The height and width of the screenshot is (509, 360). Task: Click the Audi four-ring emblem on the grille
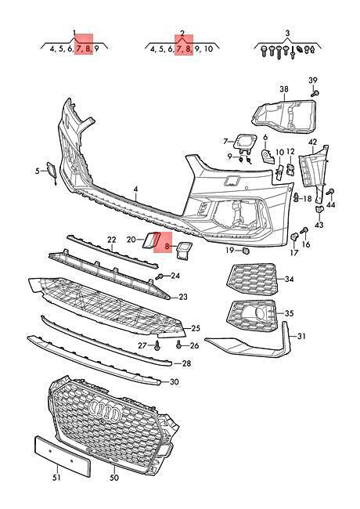(x=105, y=410)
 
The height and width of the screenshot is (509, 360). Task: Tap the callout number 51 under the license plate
(x=57, y=477)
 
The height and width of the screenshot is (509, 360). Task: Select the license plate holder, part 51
(x=62, y=457)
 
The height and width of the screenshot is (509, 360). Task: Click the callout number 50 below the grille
(x=114, y=477)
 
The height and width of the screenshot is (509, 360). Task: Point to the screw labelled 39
(x=315, y=93)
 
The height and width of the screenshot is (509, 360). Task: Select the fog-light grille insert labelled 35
(x=253, y=316)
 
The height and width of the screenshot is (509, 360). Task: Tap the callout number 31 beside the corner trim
(x=301, y=336)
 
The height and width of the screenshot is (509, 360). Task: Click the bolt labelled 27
(x=157, y=345)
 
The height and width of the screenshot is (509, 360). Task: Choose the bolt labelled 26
(x=178, y=345)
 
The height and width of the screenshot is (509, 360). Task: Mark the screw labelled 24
(x=160, y=276)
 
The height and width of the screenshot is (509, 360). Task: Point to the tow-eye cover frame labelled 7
(x=246, y=143)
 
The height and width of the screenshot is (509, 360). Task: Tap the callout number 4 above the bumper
(x=136, y=190)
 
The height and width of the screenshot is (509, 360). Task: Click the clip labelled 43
(x=319, y=209)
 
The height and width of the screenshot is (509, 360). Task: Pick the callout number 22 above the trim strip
(x=112, y=240)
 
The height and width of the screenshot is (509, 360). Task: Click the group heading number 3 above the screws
(x=287, y=34)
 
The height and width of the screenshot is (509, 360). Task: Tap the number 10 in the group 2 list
(x=208, y=49)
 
